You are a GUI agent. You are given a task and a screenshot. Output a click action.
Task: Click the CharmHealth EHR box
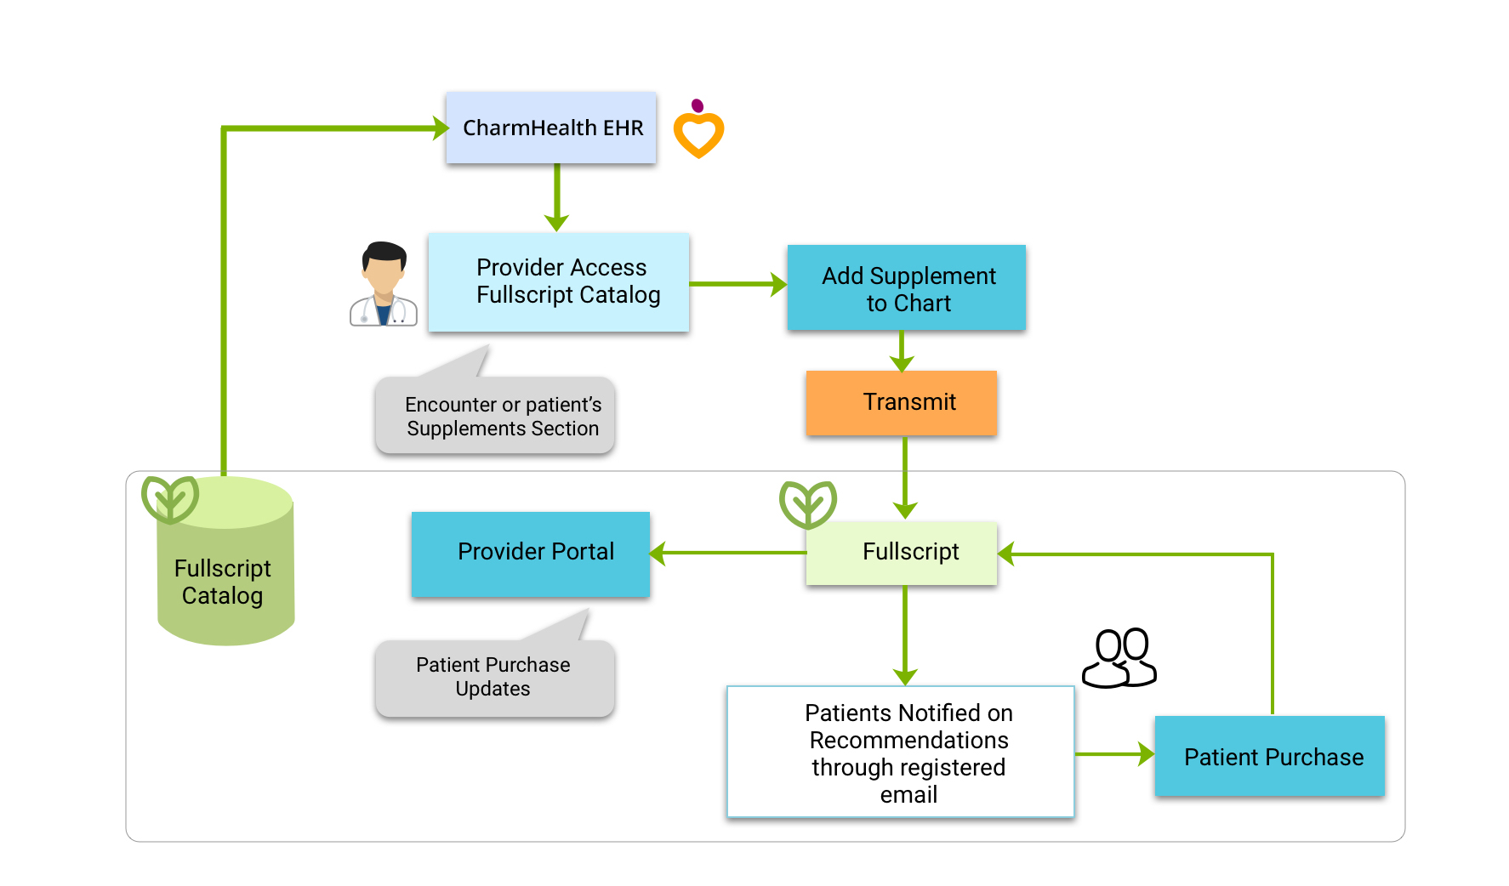(551, 128)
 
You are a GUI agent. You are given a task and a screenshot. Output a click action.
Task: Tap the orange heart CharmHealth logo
(698, 131)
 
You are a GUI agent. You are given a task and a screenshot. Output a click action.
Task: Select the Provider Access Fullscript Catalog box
(559, 281)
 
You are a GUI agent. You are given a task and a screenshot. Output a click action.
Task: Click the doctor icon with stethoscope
(384, 285)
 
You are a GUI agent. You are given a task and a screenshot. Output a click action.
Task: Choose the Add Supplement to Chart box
(906, 288)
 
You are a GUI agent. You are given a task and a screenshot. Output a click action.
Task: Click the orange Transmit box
(901, 402)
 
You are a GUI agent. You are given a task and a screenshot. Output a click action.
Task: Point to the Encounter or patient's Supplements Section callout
(495, 416)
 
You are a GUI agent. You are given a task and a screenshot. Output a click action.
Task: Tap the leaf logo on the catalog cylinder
(170, 499)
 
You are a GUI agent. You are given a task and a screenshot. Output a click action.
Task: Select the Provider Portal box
(531, 554)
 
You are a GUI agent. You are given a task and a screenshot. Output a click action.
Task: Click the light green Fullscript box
(902, 553)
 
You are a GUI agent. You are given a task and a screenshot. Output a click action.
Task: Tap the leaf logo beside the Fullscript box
(808, 504)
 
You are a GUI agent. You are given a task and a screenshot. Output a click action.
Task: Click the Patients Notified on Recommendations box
(901, 753)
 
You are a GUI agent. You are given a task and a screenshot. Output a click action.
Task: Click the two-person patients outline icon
(1119, 658)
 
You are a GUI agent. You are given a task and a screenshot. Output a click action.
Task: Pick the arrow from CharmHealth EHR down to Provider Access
(557, 197)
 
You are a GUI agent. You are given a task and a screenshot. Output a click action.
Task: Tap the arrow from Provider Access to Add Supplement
(737, 284)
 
